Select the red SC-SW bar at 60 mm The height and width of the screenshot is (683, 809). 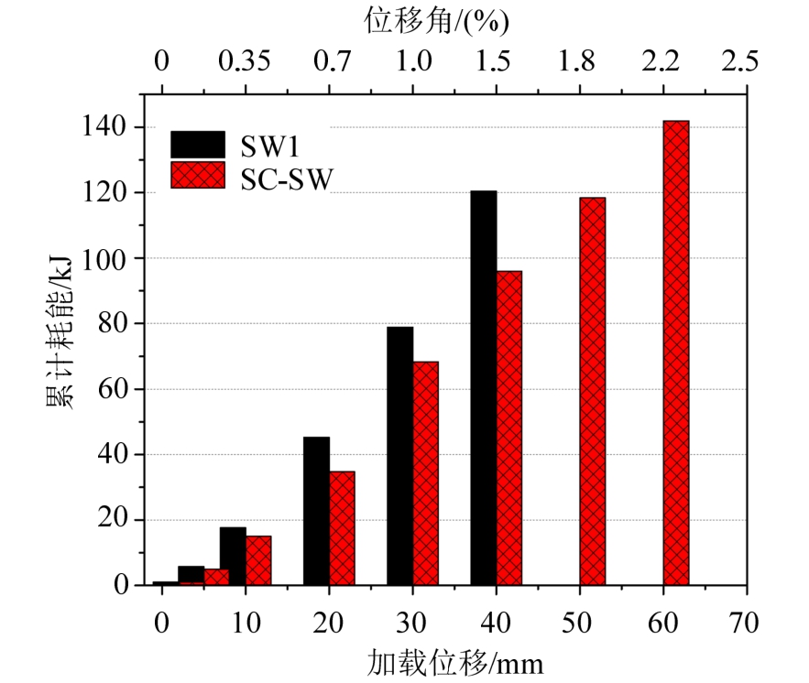(675, 352)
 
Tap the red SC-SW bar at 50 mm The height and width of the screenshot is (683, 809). (592, 391)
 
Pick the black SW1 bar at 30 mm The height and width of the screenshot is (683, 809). (399, 456)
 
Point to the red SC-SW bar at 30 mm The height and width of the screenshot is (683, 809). (425, 472)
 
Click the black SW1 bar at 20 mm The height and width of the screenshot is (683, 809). (316, 511)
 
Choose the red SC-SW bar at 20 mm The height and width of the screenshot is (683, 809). (342, 527)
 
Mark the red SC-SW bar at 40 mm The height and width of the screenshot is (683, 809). (508, 428)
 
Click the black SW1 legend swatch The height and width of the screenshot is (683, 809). (197, 145)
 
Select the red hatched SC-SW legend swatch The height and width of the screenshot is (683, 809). (197, 175)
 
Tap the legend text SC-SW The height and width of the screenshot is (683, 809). (287, 178)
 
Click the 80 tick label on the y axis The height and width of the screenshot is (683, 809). (120, 323)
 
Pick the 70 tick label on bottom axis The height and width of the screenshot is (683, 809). (743, 623)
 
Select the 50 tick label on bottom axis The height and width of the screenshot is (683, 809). (577, 623)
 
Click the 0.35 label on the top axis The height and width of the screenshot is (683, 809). (245, 62)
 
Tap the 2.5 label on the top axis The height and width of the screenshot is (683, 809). (740, 62)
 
